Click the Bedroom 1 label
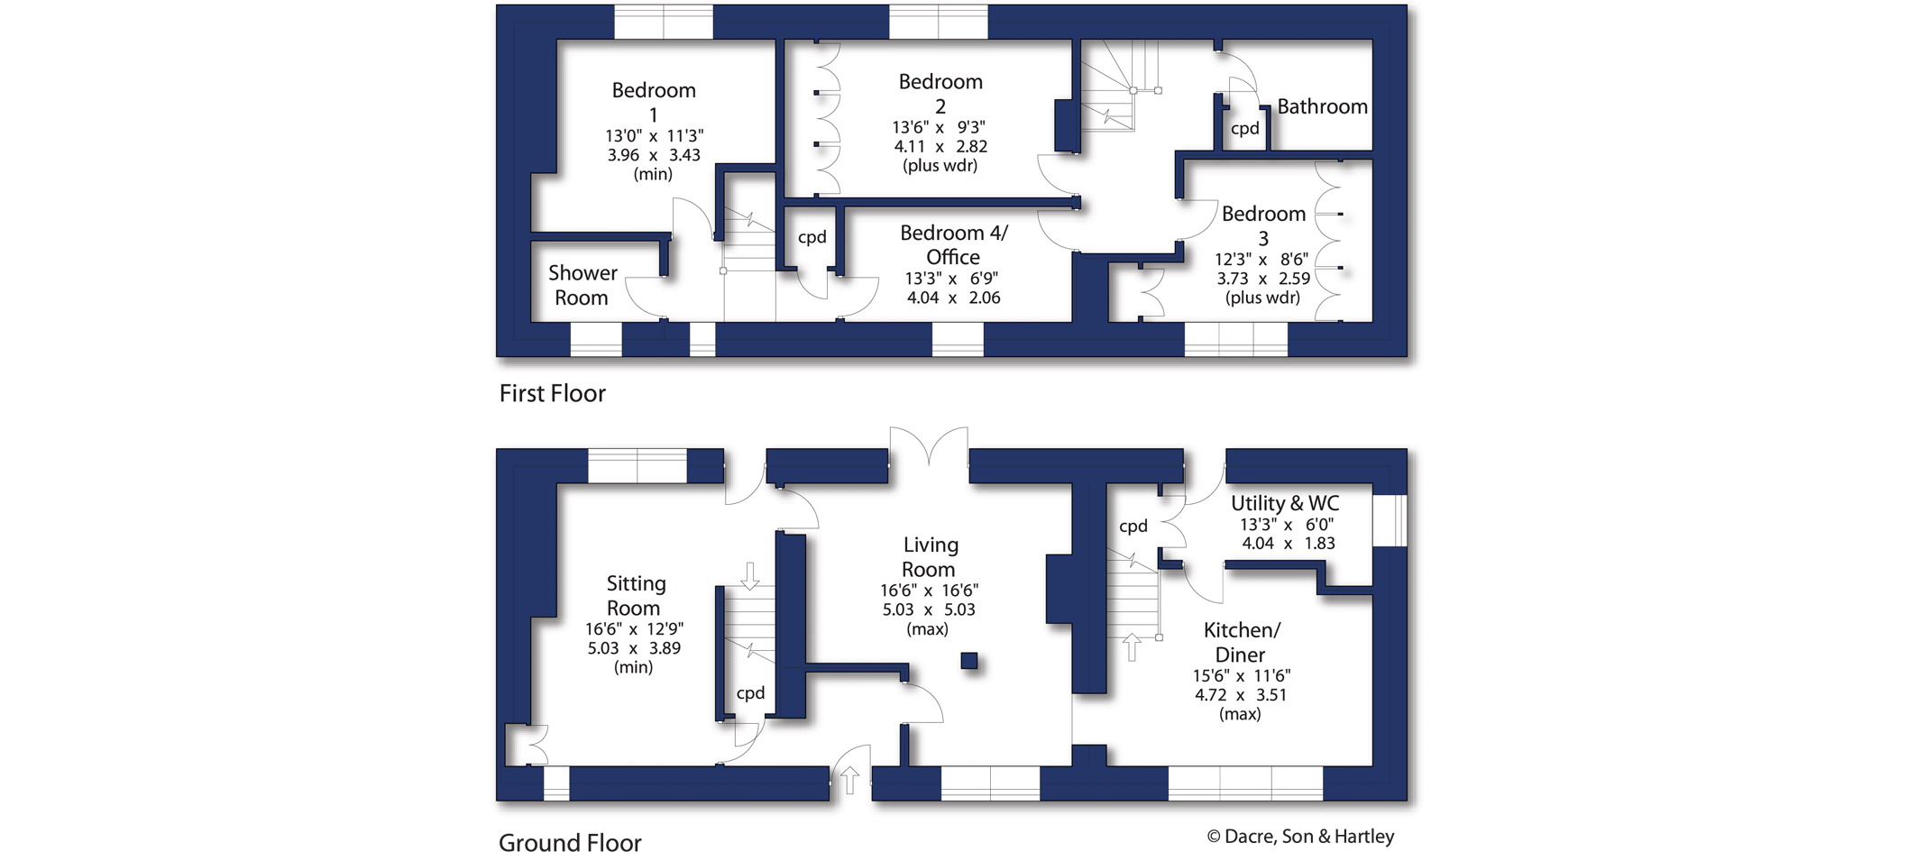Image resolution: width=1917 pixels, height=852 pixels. click(654, 102)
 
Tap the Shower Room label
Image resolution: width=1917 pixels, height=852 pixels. click(582, 285)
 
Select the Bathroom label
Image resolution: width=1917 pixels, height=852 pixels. click(1322, 106)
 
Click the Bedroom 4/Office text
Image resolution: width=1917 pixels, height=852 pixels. click(953, 244)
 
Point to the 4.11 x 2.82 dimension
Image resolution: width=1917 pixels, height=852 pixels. click(940, 146)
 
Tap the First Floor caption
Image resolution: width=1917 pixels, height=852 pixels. click(552, 393)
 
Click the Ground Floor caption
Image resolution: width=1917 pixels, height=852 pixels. click(570, 842)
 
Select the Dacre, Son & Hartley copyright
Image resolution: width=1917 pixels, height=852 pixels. click(1300, 837)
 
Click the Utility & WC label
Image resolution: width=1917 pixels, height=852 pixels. click(1285, 503)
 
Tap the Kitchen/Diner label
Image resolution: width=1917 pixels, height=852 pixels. click(1241, 642)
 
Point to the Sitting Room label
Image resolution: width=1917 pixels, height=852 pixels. click(635, 595)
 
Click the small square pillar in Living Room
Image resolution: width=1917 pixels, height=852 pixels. click(969, 661)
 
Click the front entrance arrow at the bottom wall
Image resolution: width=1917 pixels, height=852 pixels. click(849, 779)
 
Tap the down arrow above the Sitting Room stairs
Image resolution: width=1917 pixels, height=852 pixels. click(750, 574)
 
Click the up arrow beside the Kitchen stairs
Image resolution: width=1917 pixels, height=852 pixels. click(1132, 646)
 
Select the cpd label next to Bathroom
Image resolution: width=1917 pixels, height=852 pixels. click(1244, 128)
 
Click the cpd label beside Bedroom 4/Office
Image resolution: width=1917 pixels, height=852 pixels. click(812, 237)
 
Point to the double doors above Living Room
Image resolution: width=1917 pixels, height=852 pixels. click(929, 446)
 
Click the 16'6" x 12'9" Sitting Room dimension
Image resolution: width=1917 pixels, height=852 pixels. click(634, 629)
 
